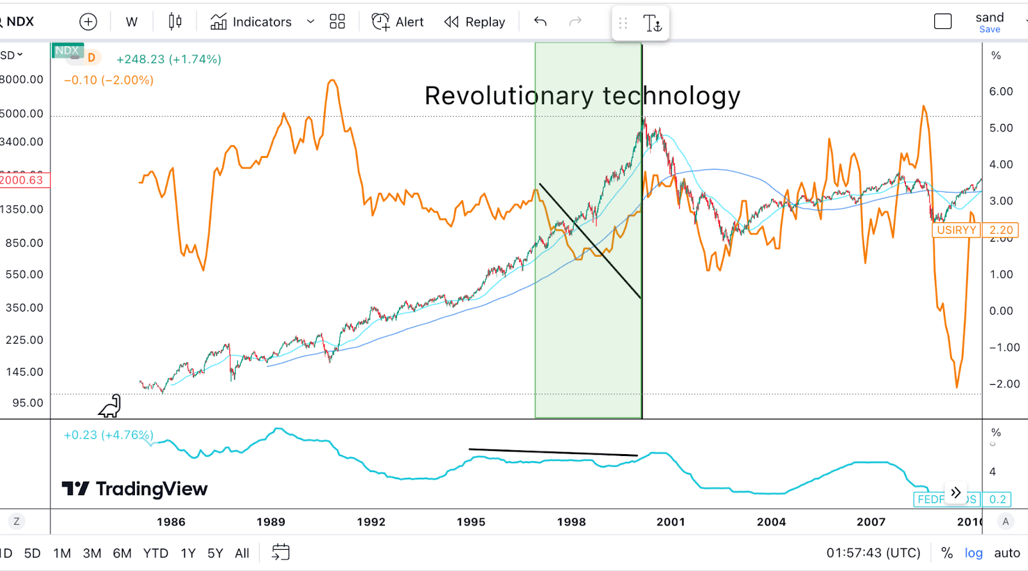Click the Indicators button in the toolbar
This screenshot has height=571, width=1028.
pos(251,22)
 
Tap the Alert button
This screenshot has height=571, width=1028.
pos(398,22)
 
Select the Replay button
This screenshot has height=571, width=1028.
pos(475,22)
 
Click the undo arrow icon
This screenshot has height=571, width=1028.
pos(540,22)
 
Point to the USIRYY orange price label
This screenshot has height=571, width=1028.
pos(956,230)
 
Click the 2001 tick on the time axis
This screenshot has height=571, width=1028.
pos(671,522)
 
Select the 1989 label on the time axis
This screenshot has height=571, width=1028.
pos(270,522)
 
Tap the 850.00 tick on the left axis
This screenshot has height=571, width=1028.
pos(24,243)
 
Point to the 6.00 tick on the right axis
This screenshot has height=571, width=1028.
pos(1001,91)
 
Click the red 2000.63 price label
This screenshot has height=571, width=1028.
pos(22,180)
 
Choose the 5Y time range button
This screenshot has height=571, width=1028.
pos(215,553)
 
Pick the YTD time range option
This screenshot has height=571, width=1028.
pos(155,553)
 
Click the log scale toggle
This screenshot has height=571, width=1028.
pos(973,553)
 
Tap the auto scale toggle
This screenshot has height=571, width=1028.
pos(1007,553)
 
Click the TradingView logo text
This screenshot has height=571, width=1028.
pos(151,489)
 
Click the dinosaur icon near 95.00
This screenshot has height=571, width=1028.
pos(110,406)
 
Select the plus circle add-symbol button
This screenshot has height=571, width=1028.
pos(88,22)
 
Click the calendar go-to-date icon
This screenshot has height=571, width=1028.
pos(281,552)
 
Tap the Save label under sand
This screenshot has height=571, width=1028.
pos(989,30)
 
